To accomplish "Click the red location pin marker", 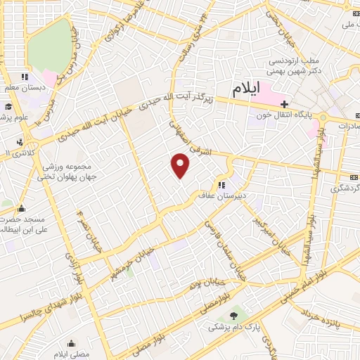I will (x=181, y=166).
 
